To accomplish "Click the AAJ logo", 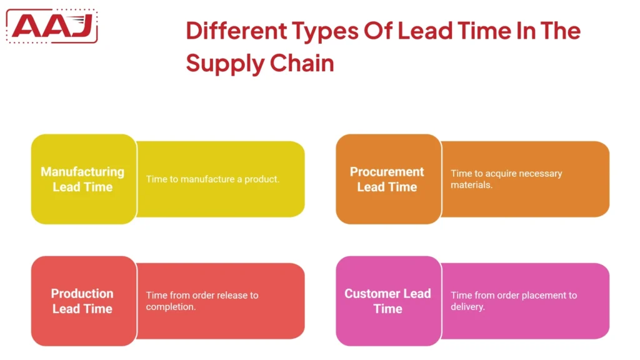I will point(53,26).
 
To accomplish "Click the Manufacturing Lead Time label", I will point(82,179).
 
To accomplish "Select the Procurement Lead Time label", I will point(387,179).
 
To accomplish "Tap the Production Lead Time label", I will point(82,301).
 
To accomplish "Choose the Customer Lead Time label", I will point(387,301).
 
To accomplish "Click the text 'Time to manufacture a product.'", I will point(212,179).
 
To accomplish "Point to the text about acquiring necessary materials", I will point(506,179).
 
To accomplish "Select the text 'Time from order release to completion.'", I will point(202,301).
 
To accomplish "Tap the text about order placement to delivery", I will point(514,301).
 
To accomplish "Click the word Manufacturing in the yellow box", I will point(82,172).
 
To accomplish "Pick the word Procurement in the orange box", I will point(387,172).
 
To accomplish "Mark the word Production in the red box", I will point(82,294).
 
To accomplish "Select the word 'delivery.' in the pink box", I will point(468,307).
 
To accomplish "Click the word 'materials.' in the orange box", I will point(472,186).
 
